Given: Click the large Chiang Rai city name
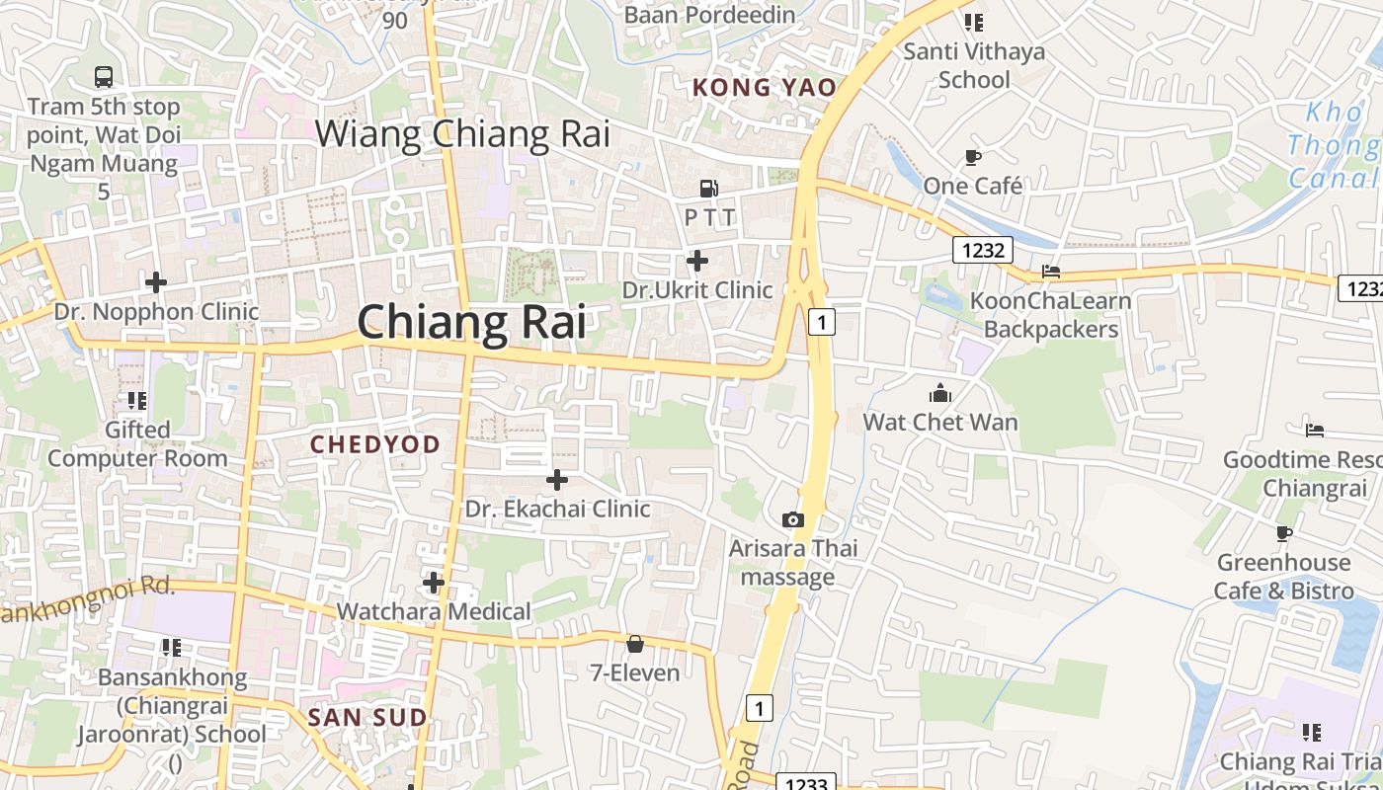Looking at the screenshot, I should pos(471,322).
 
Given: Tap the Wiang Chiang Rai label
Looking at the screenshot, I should pos(462,133).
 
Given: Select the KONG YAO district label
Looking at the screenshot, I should pos(764,87).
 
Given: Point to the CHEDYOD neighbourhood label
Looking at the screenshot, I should pos(375,444).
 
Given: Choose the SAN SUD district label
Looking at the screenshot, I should pos(367,717).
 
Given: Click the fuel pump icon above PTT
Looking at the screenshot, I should pos(708,188).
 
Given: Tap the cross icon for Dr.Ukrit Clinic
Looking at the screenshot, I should pos(697,261).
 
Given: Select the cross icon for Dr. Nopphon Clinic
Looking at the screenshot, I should pos(156,282).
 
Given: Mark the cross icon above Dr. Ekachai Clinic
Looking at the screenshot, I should pos(557,480).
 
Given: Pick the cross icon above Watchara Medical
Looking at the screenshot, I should pos(433,583).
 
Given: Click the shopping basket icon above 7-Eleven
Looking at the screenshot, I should pos(635,644).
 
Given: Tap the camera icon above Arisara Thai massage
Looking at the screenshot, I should pos(792,519).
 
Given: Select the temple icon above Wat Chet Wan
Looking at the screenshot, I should pos(939,393).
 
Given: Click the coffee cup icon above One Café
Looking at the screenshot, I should pos(973,157).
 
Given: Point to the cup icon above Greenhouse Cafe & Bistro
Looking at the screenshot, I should pos(1283,533).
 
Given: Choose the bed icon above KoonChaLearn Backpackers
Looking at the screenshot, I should pos(1051,272).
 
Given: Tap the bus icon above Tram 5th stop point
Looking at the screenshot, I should pos(104,76).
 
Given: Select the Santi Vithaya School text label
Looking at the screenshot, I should pos(974,65).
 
